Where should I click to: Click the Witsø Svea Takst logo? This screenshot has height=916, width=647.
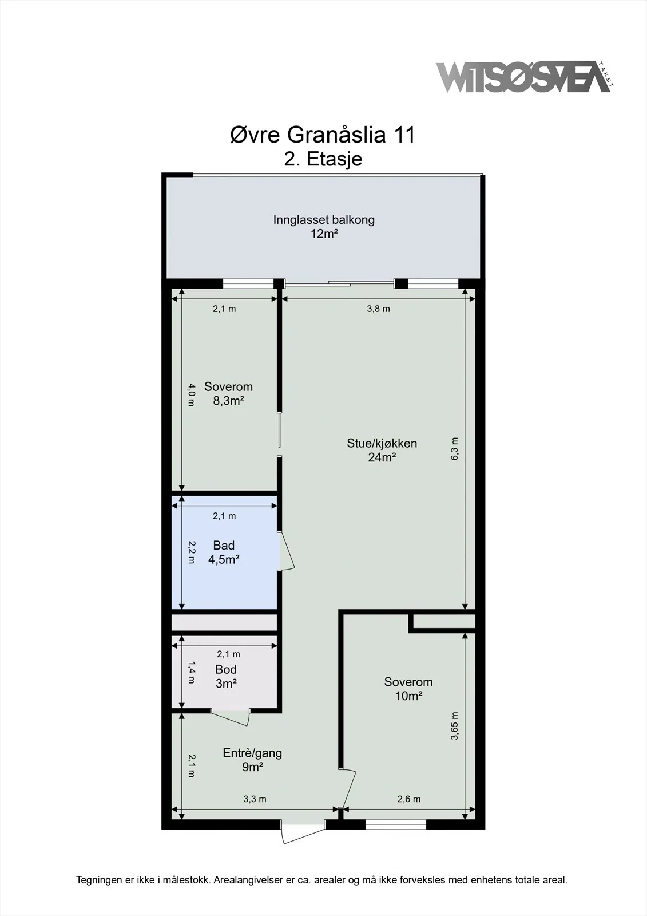click(525, 77)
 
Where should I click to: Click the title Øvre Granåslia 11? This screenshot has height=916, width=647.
click(323, 135)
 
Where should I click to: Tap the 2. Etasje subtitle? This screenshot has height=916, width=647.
click(323, 159)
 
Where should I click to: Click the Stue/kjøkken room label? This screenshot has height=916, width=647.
click(382, 443)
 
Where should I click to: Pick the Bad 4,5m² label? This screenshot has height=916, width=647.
click(224, 552)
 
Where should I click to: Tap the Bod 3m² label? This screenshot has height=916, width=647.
click(226, 676)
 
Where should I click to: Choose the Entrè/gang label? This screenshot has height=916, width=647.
click(252, 753)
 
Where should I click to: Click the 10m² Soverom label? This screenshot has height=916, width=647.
click(408, 689)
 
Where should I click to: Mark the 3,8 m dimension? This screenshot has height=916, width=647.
click(379, 309)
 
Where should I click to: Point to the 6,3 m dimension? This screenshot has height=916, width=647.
click(454, 449)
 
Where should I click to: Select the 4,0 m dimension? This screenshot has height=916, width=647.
click(191, 394)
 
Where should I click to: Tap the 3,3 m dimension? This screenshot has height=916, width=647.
click(255, 799)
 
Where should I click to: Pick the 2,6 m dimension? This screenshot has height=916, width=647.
click(408, 799)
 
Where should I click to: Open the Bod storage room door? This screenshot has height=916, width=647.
click(230, 716)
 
